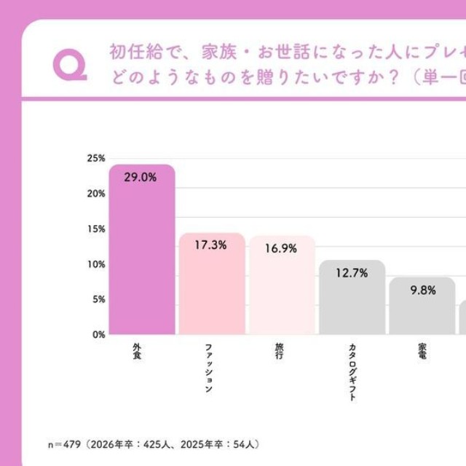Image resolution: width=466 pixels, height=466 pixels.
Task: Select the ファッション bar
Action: tap(212, 288)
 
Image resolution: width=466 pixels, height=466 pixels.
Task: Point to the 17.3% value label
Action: tap(210, 245)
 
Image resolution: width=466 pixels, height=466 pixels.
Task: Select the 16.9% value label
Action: tap(281, 248)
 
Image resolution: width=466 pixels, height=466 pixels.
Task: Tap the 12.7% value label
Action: tap(352, 273)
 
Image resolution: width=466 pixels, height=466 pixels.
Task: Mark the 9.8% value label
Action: tap(422, 290)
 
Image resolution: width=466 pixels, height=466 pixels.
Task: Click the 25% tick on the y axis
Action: tap(96, 158)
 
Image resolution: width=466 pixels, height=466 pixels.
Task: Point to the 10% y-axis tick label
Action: tap(96, 264)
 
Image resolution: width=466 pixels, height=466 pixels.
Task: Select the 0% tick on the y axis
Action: tap(98, 334)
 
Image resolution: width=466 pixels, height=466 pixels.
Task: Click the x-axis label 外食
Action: tap(136, 352)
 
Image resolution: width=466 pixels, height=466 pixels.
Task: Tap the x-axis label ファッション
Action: tap(208, 368)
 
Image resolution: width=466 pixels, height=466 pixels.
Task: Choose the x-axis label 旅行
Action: tap(280, 352)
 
